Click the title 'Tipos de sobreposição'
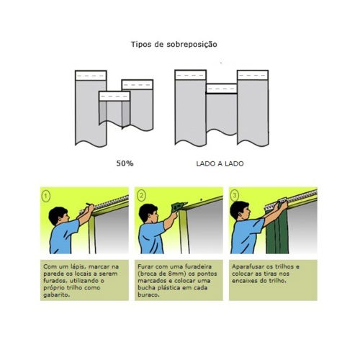click(x=174, y=45)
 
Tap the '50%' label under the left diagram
click(x=125, y=163)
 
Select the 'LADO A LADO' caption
click(x=220, y=163)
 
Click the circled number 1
click(x=46, y=197)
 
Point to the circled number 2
click(x=141, y=196)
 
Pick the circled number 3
click(x=235, y=196)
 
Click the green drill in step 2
click(x=179, y=207)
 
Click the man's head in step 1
click(x=59, y=216)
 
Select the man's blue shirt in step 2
click(x=151, y=237)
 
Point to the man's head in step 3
click(x=240, y=211)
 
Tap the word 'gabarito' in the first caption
click(x=56, y=295)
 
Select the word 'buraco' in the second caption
click(x=148, y=294)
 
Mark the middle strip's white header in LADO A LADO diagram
click(x=222, y=89)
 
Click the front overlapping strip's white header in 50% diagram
click(x=114, y=96)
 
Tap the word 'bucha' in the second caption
click(x=146, y=288)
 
